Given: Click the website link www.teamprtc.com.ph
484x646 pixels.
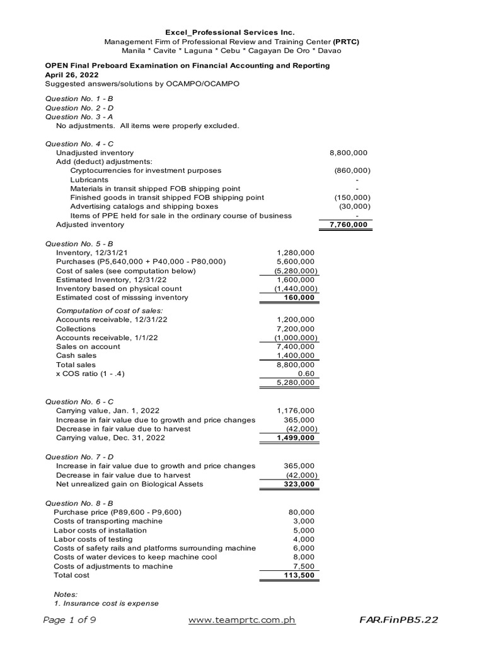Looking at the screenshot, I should [x=242, y=620].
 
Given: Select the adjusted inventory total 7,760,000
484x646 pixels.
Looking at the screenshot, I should [x=347, y=225].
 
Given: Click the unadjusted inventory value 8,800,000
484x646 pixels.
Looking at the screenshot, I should [x=349, y=153].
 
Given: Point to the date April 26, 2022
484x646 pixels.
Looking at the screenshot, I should [x=71, y=75].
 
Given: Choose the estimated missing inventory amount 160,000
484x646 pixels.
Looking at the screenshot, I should [x=299, y=298].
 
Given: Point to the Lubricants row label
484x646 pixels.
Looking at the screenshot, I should [x=89, y=180].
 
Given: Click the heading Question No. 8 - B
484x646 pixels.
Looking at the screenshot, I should [x=79, y=503].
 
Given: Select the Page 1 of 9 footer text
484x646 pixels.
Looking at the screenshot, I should [x=69, y=620].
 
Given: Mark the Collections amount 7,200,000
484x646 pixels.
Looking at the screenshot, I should [x=296, y=329].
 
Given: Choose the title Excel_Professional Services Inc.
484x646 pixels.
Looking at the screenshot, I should [x=229, y=32].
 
